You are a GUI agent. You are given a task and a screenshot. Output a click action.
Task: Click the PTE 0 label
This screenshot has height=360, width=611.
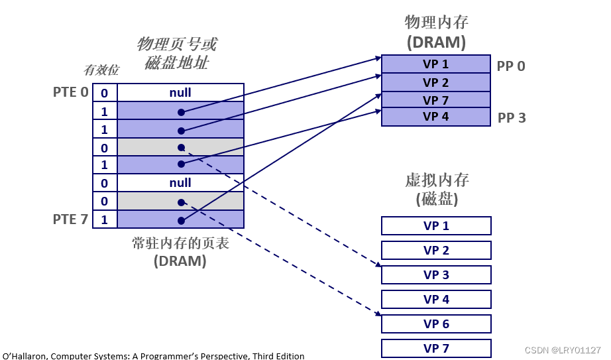(x=70, y=92)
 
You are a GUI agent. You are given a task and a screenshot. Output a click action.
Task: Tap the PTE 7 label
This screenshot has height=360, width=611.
(x=70, y=219)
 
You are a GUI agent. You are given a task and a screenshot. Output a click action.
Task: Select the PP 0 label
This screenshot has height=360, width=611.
(x=511, y=66)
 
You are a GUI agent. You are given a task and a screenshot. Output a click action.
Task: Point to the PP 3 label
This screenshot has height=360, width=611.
(x=512, y=118)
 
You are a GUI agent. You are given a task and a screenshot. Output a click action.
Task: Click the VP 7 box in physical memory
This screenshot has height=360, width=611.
(x=435, y=100)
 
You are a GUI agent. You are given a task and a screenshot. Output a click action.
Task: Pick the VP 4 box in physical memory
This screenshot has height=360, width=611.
(x=435, y=117)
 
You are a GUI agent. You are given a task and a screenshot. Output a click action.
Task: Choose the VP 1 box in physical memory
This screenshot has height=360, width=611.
(x=435, y=64)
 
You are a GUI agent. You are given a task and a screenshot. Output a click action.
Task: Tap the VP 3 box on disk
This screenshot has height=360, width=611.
(x=436, y=274)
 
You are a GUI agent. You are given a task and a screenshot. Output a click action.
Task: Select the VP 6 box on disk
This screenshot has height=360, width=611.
(x=436, y=324)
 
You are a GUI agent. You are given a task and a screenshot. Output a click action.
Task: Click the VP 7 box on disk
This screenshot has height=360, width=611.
(x=436, y=348)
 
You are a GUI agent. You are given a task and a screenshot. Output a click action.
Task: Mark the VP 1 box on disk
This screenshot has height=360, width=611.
(x=436, y=225)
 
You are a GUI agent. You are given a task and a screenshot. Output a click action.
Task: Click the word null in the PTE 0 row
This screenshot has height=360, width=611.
(x=180, y=92)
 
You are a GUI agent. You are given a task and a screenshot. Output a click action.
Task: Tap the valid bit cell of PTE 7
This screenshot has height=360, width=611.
(x=105, y=219)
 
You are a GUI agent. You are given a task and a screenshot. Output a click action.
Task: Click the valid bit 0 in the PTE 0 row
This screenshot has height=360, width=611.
(x=105, y=93)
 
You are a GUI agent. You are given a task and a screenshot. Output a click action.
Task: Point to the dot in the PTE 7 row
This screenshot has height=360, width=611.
(x=181, y=219)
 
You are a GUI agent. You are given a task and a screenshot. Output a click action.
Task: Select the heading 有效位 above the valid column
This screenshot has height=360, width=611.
(x=101, y=70)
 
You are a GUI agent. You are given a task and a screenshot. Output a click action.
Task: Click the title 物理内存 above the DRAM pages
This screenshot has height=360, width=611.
(x=436, y=23)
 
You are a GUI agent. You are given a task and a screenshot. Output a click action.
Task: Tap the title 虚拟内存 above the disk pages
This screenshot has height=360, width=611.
(x=437, y=180)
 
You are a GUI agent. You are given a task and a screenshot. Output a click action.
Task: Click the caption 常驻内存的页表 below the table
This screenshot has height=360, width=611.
(x=180, y=243)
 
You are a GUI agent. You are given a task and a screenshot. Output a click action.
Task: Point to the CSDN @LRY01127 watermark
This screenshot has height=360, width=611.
(x=562, y=350)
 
